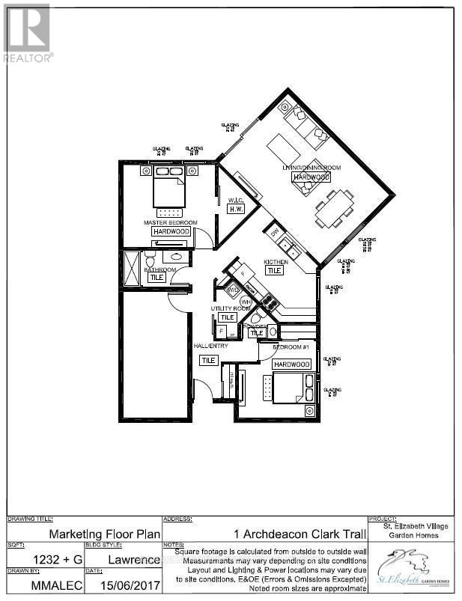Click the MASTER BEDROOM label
click(171, 222)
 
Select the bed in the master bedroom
click(169, 189)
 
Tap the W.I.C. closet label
click(237, 200)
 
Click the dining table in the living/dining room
click(334, 208)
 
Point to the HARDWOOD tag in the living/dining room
click(311, 177)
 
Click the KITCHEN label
click(276, 262)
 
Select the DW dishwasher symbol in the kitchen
click(275, 233)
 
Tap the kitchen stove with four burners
click(268, 302)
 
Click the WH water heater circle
click(246, 302)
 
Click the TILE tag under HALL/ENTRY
click(208, 360)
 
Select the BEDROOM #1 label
click(291, 347)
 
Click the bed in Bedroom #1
click(286, 389)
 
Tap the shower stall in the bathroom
click(133, 267)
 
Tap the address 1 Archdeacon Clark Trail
click(300, 534)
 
